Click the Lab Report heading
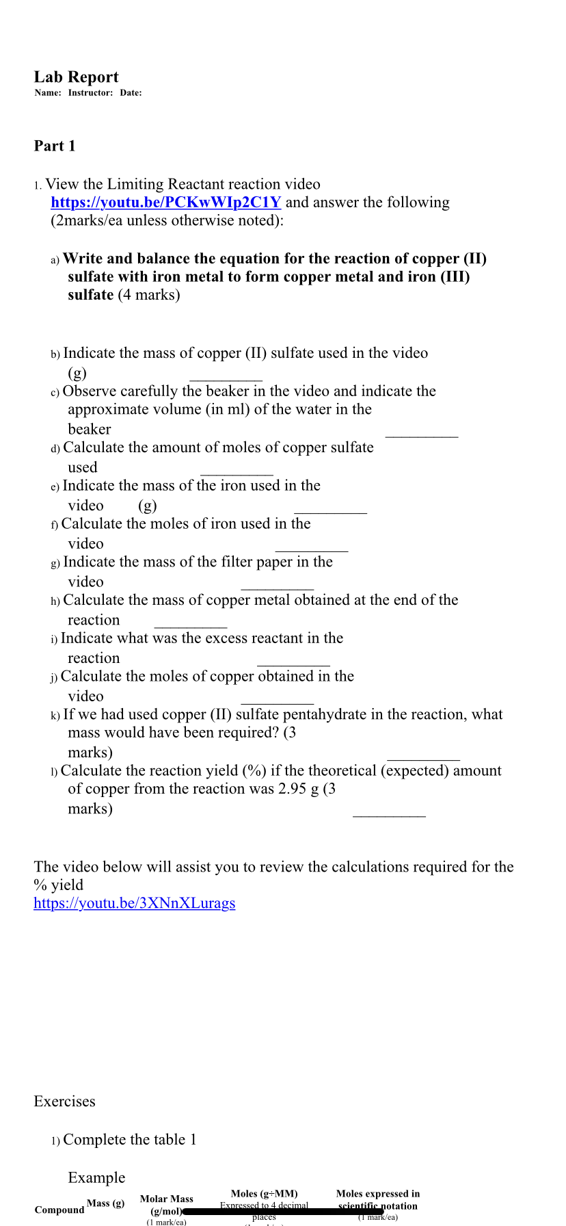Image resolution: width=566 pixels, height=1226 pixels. [x=76, y=77]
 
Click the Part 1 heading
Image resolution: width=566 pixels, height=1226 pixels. [x=55, y=146]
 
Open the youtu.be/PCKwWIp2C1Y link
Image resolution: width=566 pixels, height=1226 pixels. [x=166, y=203]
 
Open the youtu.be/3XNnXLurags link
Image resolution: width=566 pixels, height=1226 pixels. [x=135, y=903]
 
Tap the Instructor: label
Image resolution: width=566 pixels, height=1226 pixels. [x=90, y=93]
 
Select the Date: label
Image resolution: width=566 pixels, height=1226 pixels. [x=131, y=93]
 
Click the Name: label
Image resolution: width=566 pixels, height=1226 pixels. [x=48, y=93]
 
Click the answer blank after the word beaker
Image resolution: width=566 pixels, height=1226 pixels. [x=422, y=434]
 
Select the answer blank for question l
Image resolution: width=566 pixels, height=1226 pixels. [x=389, y=813]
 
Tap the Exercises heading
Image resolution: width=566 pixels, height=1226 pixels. [x=64, y=1101]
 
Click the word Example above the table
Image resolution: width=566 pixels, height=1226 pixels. [x=96, y=1177]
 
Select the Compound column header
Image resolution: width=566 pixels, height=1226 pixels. [x=59, y=1210]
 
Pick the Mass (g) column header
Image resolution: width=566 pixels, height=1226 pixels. [x=105, y=1203]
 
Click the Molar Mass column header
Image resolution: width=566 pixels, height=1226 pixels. [x=166, y=1199]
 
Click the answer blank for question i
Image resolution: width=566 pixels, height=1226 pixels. [x=293, y=663]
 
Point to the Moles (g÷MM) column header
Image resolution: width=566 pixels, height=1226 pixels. [x=264, y=1193]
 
